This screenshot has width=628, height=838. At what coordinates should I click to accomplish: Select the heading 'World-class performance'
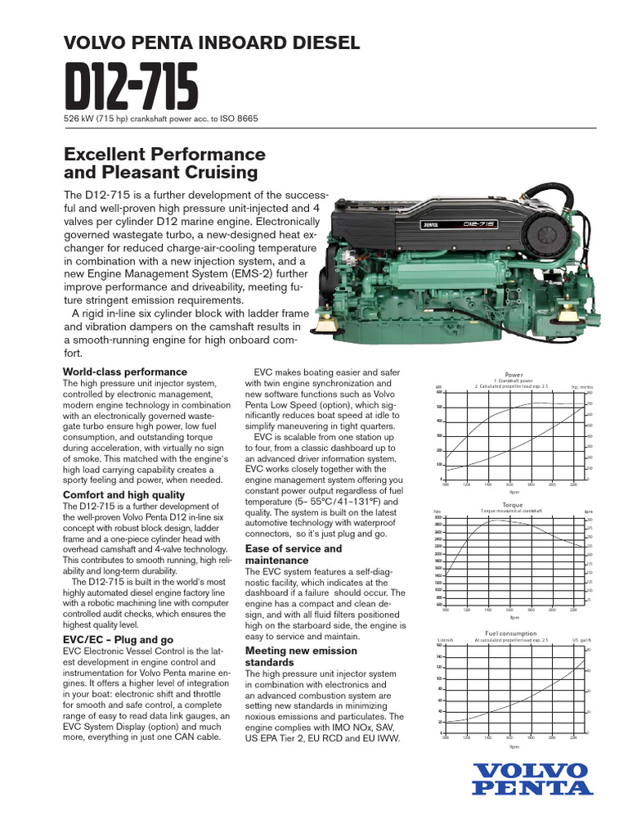click(x=125, y=372)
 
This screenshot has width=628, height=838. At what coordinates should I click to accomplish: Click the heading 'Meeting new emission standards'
click(x=302, y=656)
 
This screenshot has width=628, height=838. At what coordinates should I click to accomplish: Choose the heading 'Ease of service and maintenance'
click(x=294, y=554)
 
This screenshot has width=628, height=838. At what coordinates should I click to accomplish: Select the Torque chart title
click(x=514, y=505)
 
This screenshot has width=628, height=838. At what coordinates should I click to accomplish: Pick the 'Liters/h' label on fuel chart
click(x=445, y=639)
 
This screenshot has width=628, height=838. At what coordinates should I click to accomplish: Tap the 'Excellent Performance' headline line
click(x=164, y=154)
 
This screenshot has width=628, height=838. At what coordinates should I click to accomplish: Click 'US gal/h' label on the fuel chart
click(x=581, y=639)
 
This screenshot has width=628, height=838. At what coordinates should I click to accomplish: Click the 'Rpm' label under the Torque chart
click(x=514, y=619)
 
